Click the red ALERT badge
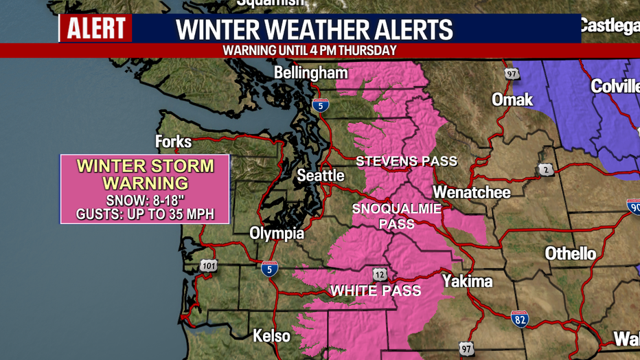pos(95,29)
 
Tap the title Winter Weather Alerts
pos(315,30)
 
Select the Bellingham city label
pos(310,73)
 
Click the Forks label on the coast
pos(174,142)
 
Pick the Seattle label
pos(320,176)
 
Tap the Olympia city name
pos(277,234)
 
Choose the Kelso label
pos(271,337)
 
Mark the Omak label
pos(512,100)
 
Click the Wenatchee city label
pos(472,192)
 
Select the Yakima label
pos(467,281)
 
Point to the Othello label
pos(570,254)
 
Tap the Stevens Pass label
pos(406,161)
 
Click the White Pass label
pos(376,291)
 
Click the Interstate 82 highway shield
pos(520,319)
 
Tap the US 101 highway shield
pos(209,265)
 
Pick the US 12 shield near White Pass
pos(379,274)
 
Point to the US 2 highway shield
pos(546,170)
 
